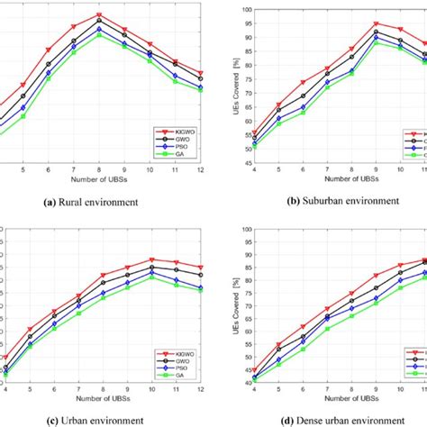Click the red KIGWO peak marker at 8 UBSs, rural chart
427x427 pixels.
(99, 15)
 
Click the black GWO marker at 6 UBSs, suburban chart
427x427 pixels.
(303, 95)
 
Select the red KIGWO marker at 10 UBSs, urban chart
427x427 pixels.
(152, 259)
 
